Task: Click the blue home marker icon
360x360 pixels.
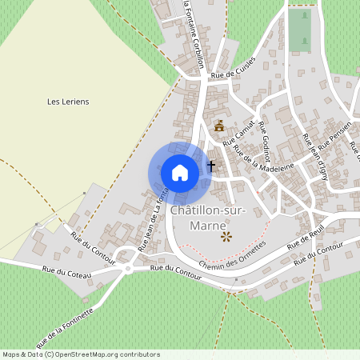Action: [x=180, y=172]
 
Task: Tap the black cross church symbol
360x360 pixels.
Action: [x=211, y=166]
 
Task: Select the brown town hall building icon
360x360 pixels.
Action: [x=219, y=126]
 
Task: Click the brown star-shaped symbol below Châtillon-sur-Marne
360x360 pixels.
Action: [x=226, y=236]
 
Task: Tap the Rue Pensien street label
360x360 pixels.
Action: [x=334, y=138]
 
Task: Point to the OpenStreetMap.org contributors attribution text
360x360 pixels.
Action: [x=103, y=354]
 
